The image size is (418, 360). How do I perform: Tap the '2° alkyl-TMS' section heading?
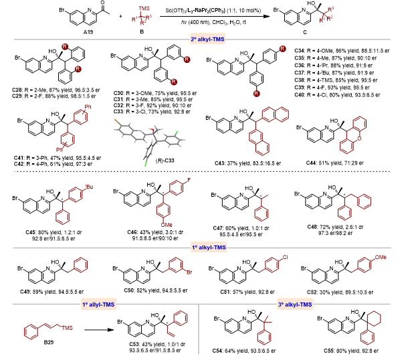(x=209, y=39)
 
